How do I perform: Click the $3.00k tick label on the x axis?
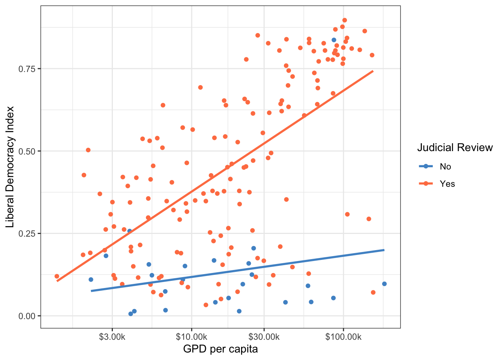coord(112,337)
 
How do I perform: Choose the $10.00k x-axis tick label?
coord(192,337)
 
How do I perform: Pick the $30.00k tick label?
coord(264,337)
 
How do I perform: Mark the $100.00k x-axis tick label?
coord(343,337)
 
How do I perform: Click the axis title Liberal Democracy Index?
coord(10,167)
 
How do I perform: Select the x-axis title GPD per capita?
coord(220,349)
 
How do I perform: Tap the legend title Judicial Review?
coord(455,148)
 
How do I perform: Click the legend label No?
coord(445,166)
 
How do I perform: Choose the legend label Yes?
coord(447,184)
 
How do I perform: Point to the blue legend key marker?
coord(426,166)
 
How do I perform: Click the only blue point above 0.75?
coord(334,40)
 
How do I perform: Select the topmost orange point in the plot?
coord(345,20)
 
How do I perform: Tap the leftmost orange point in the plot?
coord(57,276)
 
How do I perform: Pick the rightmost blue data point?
coord(384,284)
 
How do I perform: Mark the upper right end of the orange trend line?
coord(373,71)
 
